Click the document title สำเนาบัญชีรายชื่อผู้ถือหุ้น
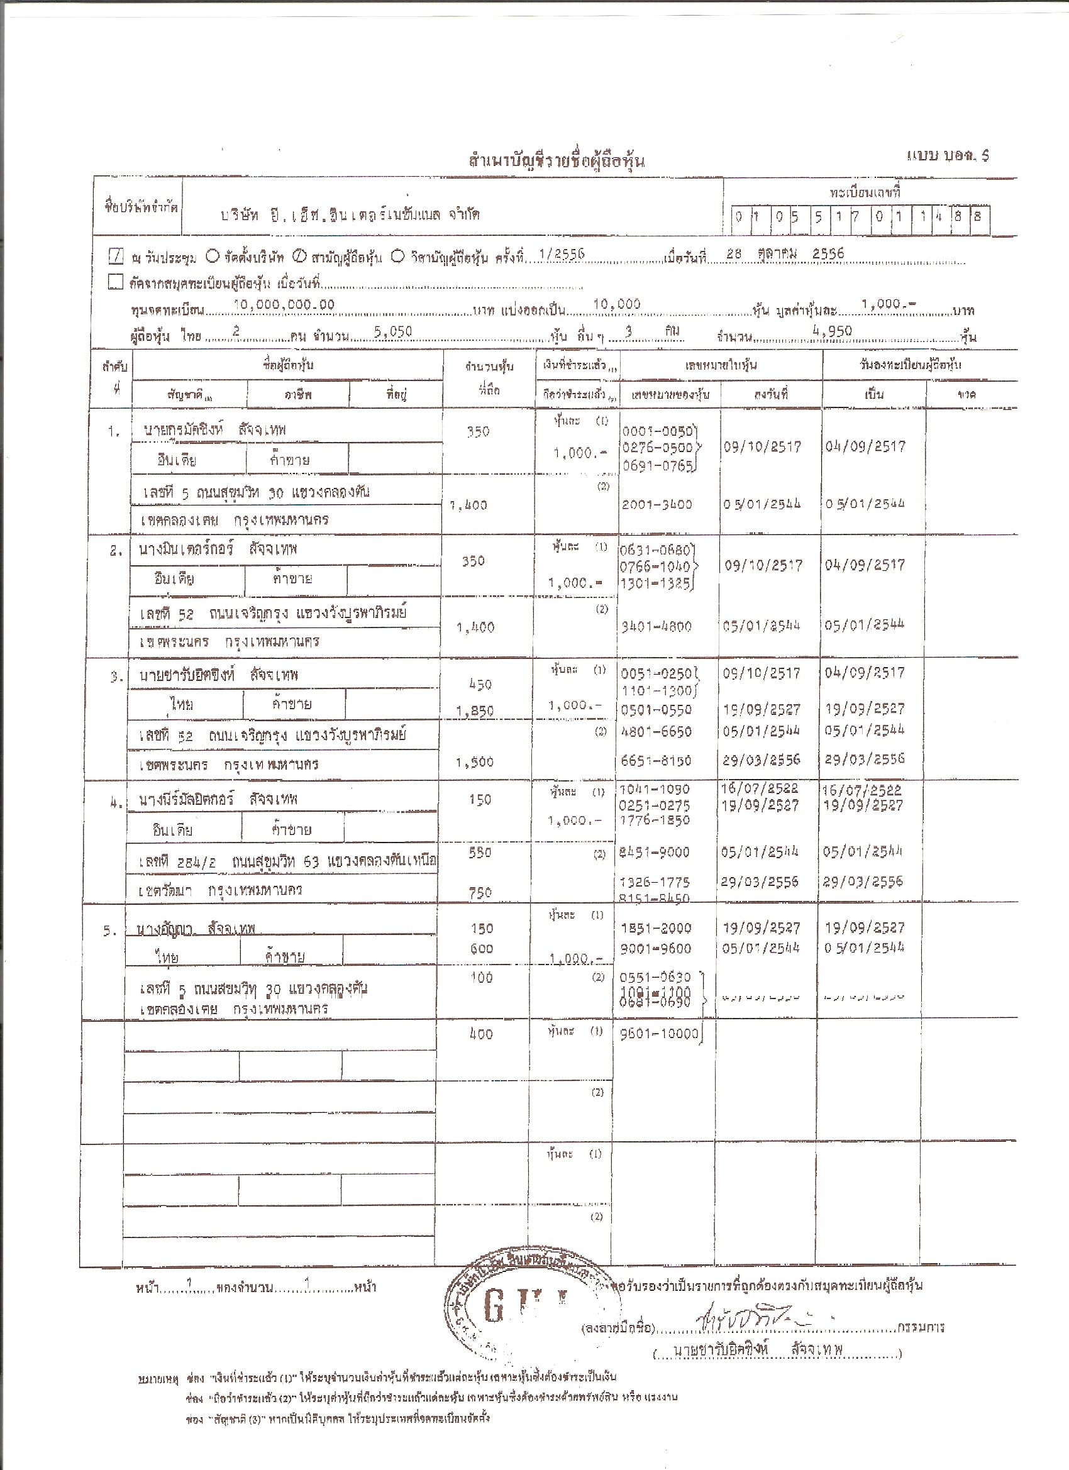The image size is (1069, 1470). coord(557,161)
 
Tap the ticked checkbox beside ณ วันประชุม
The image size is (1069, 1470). coord(116,257)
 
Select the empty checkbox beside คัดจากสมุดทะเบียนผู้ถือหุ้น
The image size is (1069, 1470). coord(116,282)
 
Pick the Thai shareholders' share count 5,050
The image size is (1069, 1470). coord(393,332)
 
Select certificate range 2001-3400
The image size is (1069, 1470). coord(656,504)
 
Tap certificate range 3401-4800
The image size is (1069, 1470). coord(656,626)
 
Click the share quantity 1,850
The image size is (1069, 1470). coord(475,712)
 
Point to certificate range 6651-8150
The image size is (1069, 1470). coord(656,760)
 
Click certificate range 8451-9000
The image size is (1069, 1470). coord(655,853)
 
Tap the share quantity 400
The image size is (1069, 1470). coord(481,1034)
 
